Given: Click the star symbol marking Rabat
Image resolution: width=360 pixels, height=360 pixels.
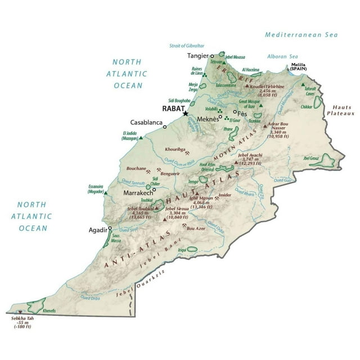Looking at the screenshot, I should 185,114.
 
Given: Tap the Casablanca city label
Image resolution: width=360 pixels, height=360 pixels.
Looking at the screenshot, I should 146,122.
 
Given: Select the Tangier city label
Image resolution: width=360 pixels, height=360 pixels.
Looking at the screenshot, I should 197,56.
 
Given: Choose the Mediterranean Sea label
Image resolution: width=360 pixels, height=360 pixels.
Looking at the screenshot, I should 301,35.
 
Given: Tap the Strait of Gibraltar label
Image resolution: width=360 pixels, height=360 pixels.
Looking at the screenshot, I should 187,45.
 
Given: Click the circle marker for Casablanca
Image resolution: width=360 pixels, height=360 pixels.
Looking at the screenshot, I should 165,127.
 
